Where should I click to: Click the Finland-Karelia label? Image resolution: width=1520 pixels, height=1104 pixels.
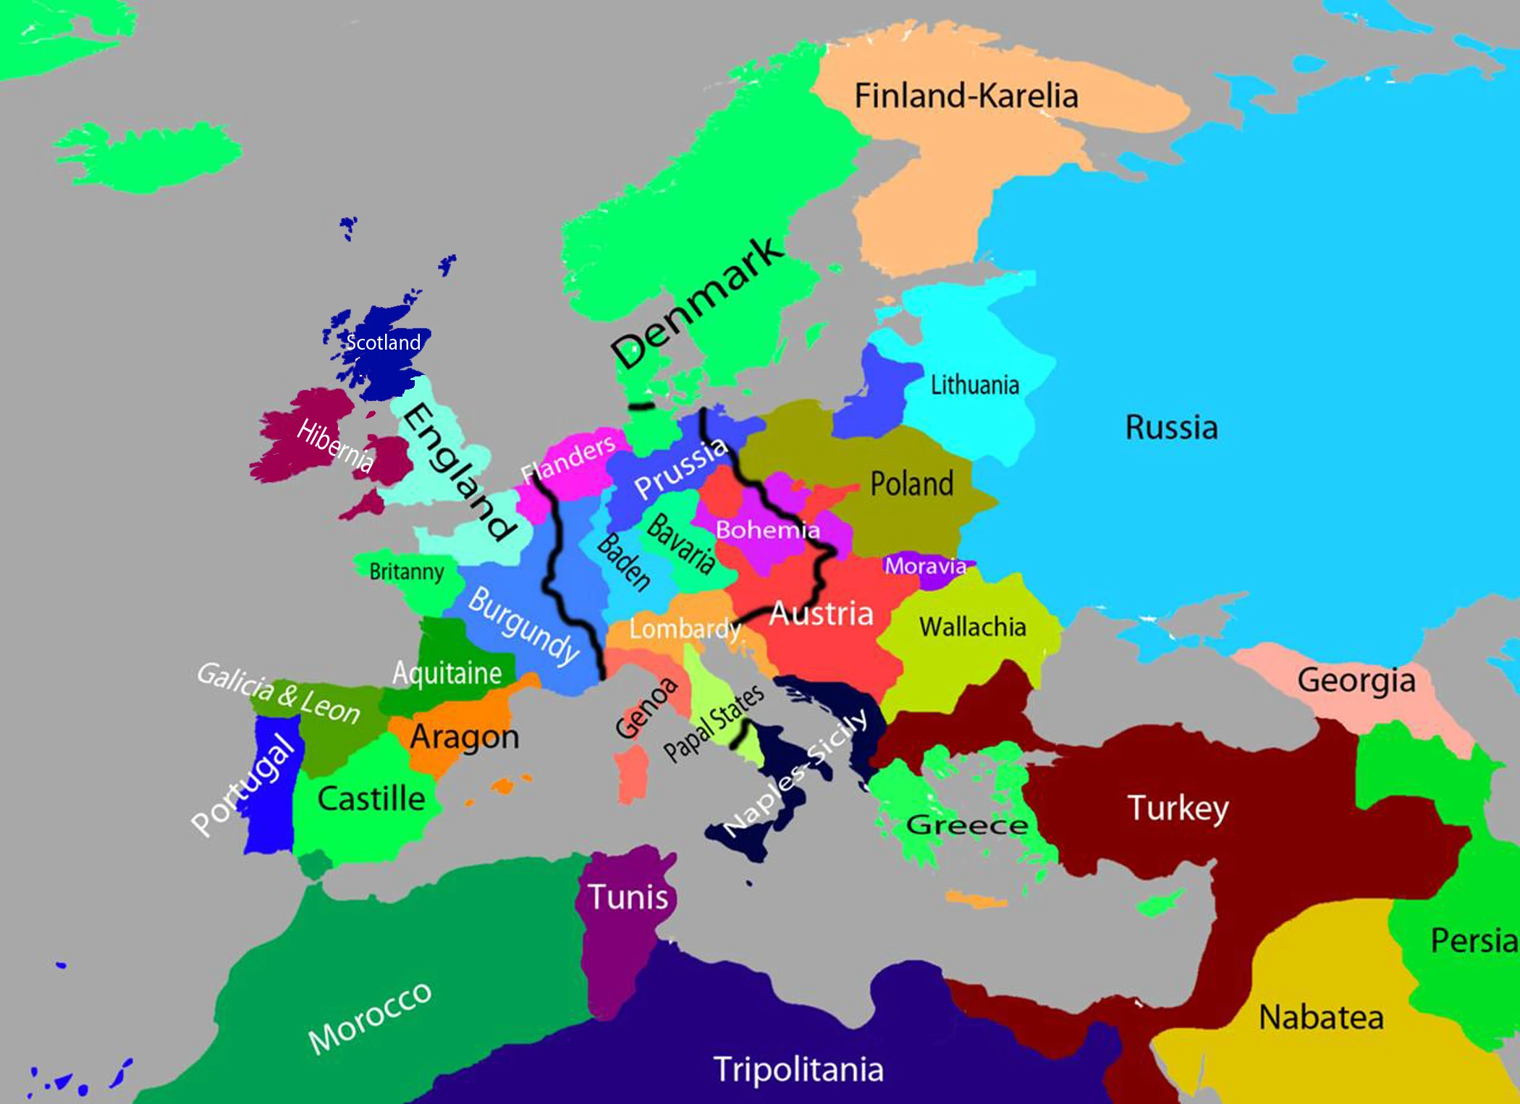[966, 96]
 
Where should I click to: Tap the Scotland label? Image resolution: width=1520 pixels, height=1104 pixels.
[383, 342]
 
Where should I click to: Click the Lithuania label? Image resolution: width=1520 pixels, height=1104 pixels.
[974, 385]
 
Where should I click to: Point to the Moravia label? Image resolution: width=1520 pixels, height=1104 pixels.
[925, 565]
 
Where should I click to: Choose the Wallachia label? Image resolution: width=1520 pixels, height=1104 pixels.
[972, 627]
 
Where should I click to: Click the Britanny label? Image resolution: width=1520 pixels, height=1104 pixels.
[406, 572]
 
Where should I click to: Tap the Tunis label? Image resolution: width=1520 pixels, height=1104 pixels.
[628, 897]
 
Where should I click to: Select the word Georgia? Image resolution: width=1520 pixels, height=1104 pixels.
[1356, 680]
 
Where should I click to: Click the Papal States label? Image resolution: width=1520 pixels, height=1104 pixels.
[714, 723]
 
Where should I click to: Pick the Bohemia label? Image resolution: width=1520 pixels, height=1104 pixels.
[767, 530]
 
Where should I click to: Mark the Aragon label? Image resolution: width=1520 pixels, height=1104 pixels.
[464, 737]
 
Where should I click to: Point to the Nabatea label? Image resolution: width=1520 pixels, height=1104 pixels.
[1321, 1017]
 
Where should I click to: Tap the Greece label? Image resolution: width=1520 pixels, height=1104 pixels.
[966, 825]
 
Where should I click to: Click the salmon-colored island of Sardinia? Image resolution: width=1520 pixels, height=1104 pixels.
[631, 775]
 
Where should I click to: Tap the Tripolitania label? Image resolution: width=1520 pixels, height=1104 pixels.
[798, 1069]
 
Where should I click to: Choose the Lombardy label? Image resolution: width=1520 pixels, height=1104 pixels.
[684, 628]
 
